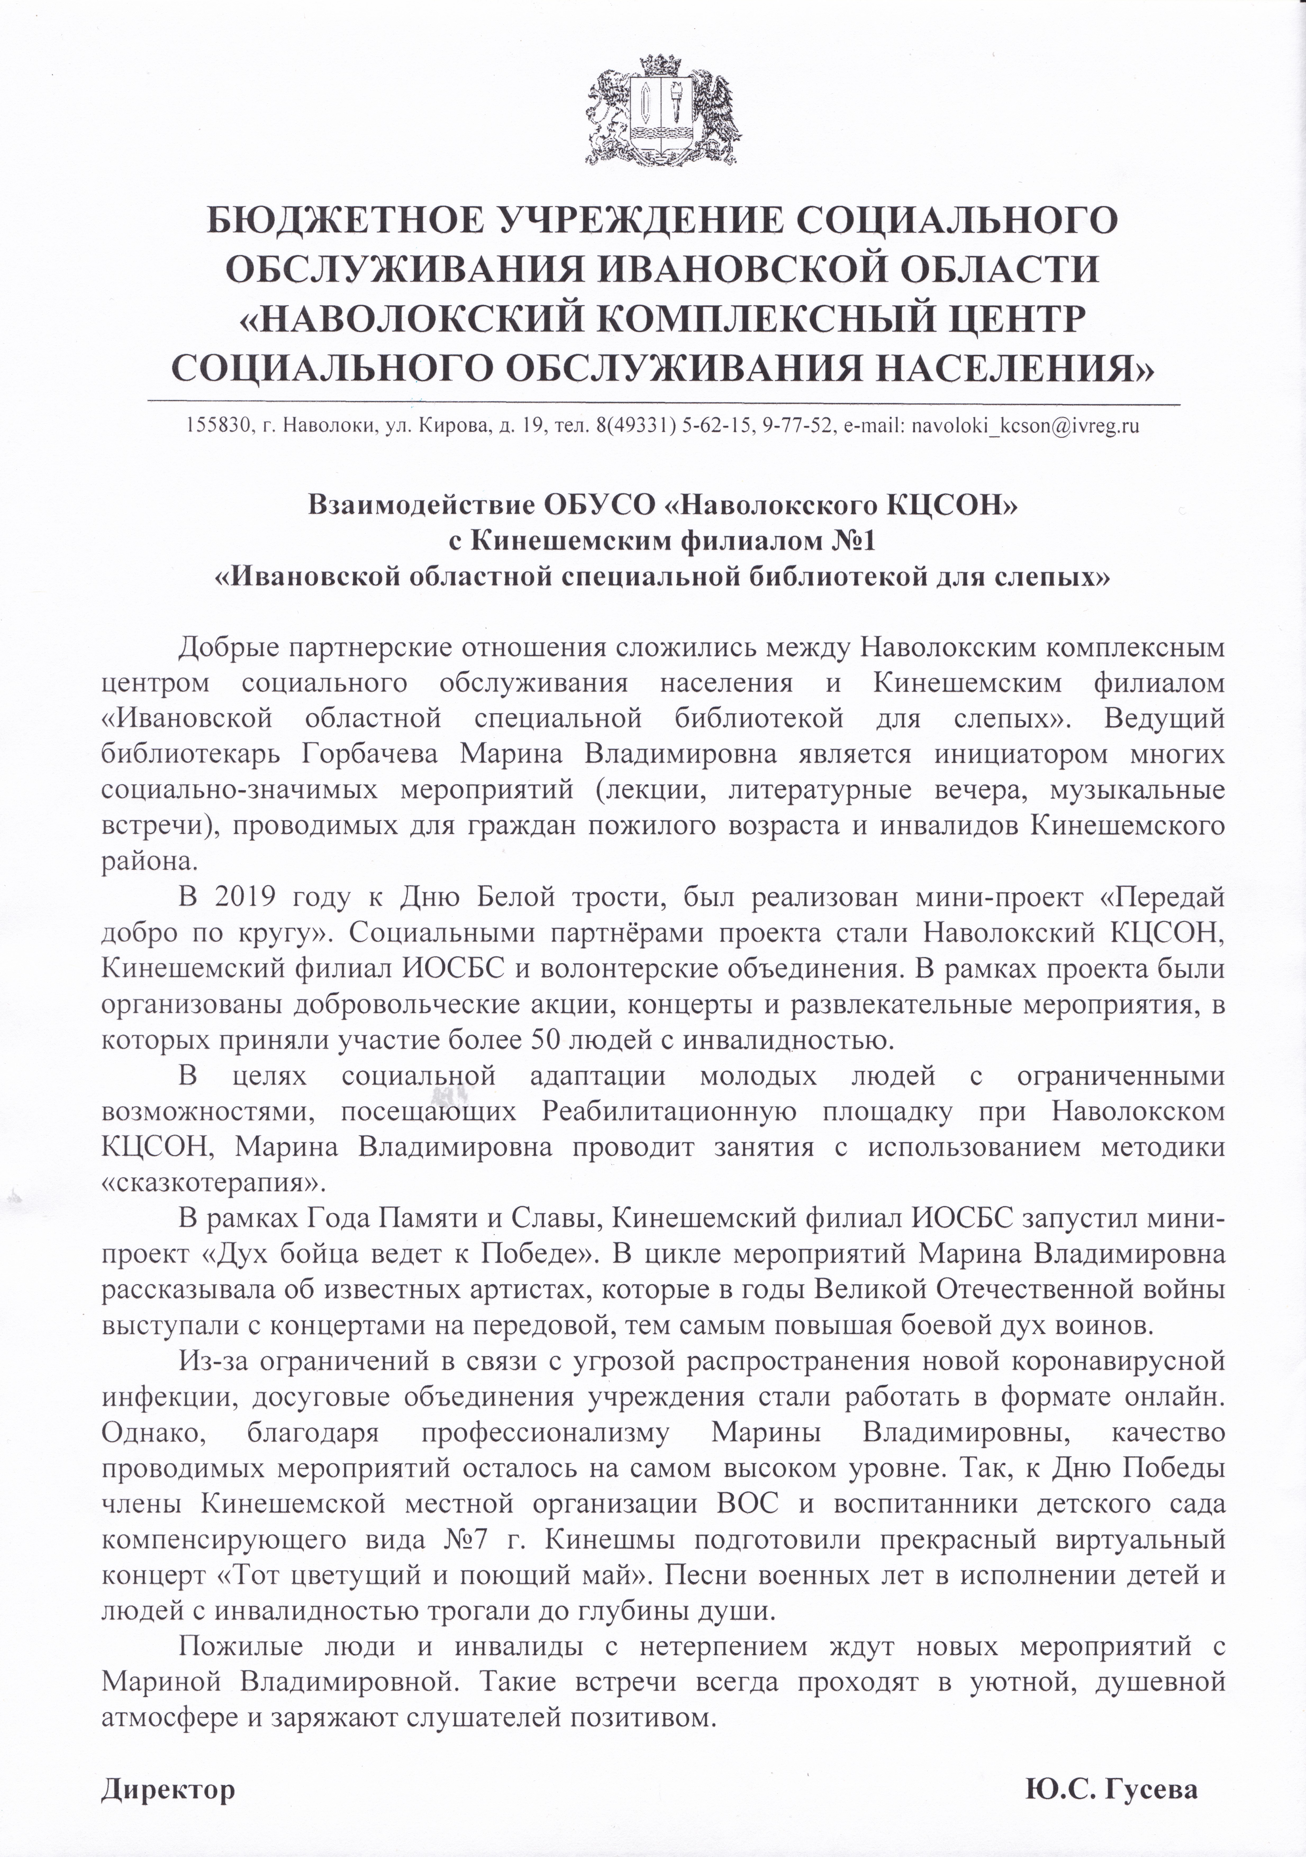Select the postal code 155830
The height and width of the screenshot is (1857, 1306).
point(214,425)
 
